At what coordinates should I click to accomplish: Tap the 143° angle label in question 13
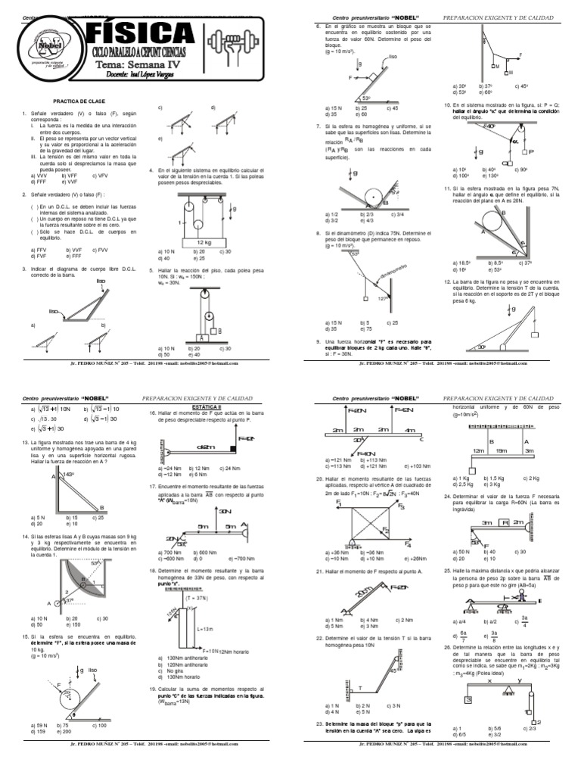[68, 475]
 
